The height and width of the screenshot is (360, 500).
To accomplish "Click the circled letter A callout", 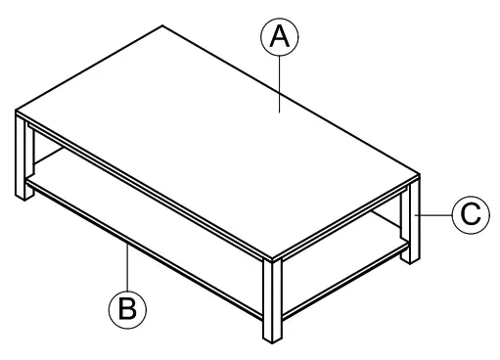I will coord(280,38).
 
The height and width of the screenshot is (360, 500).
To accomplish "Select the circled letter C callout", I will coord(471,214).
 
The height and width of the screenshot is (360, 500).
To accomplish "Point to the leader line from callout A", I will coord(281,83).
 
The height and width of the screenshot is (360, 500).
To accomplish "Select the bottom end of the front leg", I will coord(272,341).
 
